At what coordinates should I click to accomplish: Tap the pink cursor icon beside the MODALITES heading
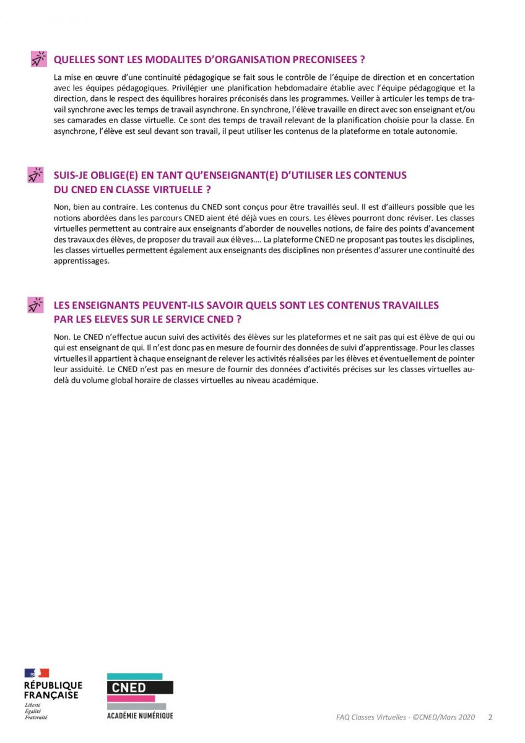coord(38,59)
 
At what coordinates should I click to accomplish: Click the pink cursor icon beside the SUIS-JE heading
coord(36,175)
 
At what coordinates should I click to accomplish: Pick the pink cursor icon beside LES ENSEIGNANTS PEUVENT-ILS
coord(36,305)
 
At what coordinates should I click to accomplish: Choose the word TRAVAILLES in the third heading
coord(412,305)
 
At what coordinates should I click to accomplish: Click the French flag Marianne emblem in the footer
coord(37,673)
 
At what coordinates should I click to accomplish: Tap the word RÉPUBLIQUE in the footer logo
coord(53,685)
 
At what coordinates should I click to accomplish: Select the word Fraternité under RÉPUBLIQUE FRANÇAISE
coord(36,718)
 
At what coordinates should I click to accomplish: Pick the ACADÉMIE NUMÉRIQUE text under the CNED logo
coord(140,715)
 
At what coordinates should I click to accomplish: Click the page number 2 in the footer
coord(490,717)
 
